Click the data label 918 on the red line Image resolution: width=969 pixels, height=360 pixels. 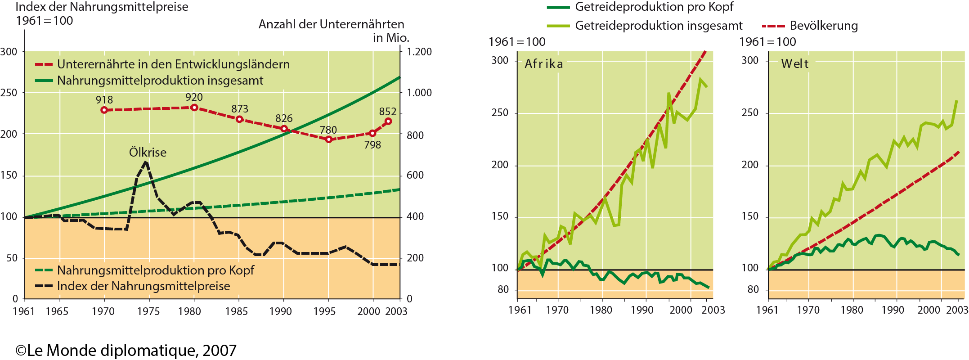coord(104,100)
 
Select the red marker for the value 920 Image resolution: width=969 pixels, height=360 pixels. coord(194,108)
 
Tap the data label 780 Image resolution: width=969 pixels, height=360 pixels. coord(328,130)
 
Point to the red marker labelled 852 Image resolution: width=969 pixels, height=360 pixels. coord(388,121)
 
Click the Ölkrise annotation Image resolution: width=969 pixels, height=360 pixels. coord(148,153)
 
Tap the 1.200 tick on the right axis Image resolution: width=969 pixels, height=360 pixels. coord(419,52)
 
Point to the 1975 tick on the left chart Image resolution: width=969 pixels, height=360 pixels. coord(148,311)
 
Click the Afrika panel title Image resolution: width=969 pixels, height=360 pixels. coord(544,64)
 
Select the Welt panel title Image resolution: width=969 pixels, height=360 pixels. coord(795,64)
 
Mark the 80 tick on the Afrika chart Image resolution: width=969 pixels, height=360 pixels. coord(503,290)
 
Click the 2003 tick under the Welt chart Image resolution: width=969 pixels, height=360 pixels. coord(957,310)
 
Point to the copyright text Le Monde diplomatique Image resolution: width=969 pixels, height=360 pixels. coord(126,351)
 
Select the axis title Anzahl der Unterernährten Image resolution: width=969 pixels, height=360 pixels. coord(332,24)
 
